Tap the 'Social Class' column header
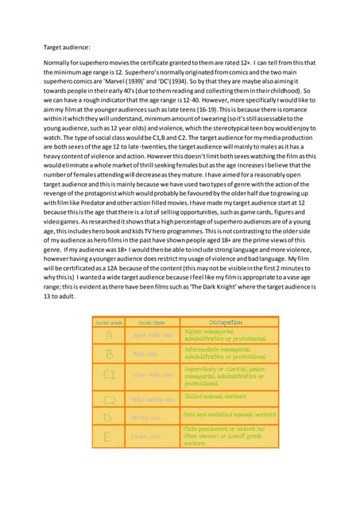[150, 323]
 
